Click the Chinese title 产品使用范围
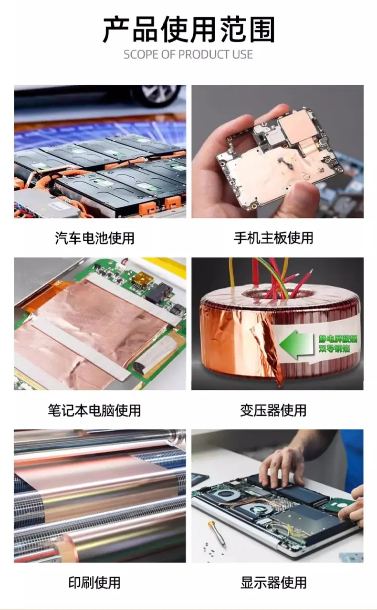(x=188, y=30)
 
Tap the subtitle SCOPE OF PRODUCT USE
(x=188, y=54)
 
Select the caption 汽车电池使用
(x=94, y=238)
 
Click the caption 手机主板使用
(x=273, y=238)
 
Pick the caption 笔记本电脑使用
(x=94, y=410)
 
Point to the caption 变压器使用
(x=273, y=410)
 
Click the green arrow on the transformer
(x=296, y=344)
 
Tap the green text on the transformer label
(x=338, y=344)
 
